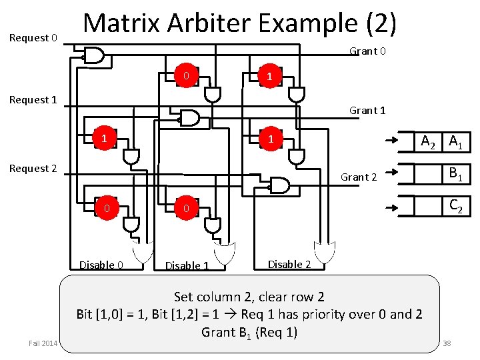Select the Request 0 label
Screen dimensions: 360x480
click(x=33, y=38)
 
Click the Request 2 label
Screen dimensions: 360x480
click(x=33, y=169)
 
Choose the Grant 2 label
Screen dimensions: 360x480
click(x=359, y=177)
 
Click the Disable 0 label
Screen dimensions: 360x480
click(x=101, y=265)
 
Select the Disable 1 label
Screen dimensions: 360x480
click(x=187, y=265)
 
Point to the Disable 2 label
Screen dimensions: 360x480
click(x=289, y=264)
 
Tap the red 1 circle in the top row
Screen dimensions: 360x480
click(x=269, y=77)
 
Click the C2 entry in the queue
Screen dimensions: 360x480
click(x=457, y=207)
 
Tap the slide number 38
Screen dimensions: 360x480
click(x=447, y=343)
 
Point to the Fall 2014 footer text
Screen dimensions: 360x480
click(x=43, y=343)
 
